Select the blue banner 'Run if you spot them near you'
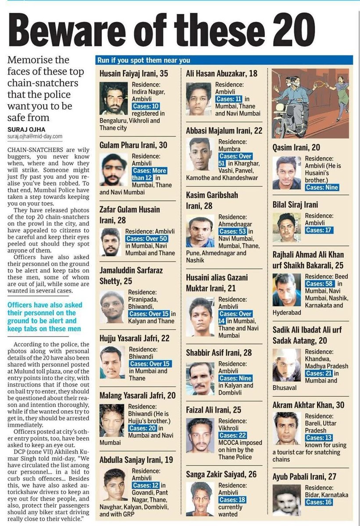[x=224, y=60]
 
